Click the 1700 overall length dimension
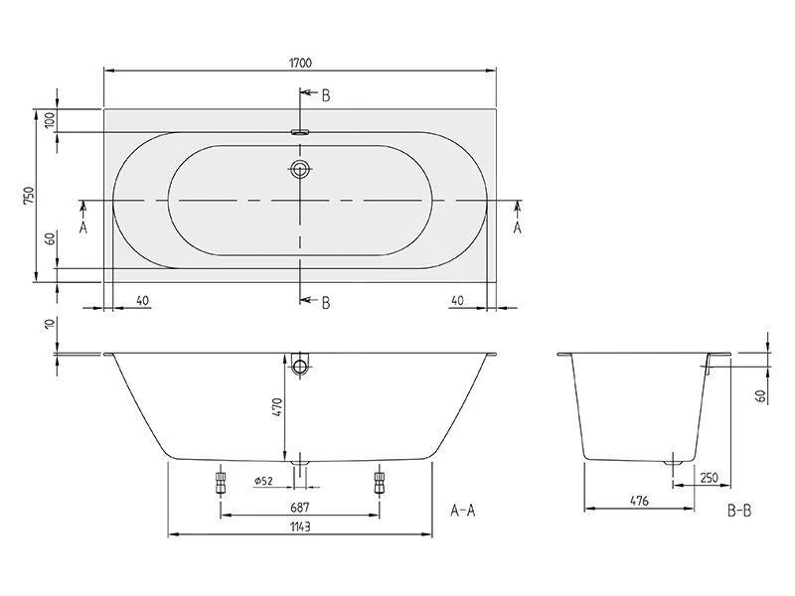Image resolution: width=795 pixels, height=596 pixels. (x=301, y=63)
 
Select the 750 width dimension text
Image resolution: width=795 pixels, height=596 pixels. (x=31, y=196)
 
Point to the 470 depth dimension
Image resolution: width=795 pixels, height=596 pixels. (x=278, y=406)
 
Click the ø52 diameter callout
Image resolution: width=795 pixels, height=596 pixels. (x=263, y=481)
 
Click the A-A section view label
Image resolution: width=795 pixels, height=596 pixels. (x=463, y=512)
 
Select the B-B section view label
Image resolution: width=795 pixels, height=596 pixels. (x=739, y=512)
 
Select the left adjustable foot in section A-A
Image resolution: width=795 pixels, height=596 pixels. (x=220, y=484)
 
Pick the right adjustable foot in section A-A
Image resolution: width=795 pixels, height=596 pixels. (x=379, y=484)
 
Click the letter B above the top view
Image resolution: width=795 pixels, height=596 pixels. (x=325, y=95)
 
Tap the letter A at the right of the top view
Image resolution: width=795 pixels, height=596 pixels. (x=517, y=227)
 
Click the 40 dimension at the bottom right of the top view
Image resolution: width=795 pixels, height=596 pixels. (x=457, y=299)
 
